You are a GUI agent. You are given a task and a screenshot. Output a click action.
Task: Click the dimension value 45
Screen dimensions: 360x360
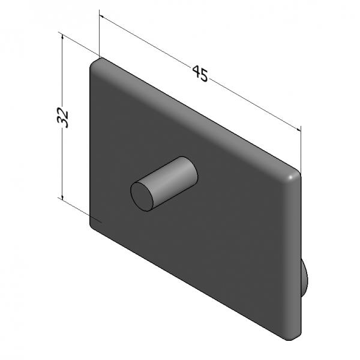[x=200, y=74]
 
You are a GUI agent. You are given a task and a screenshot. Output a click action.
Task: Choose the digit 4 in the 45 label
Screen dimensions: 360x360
[x=196, y=72]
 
